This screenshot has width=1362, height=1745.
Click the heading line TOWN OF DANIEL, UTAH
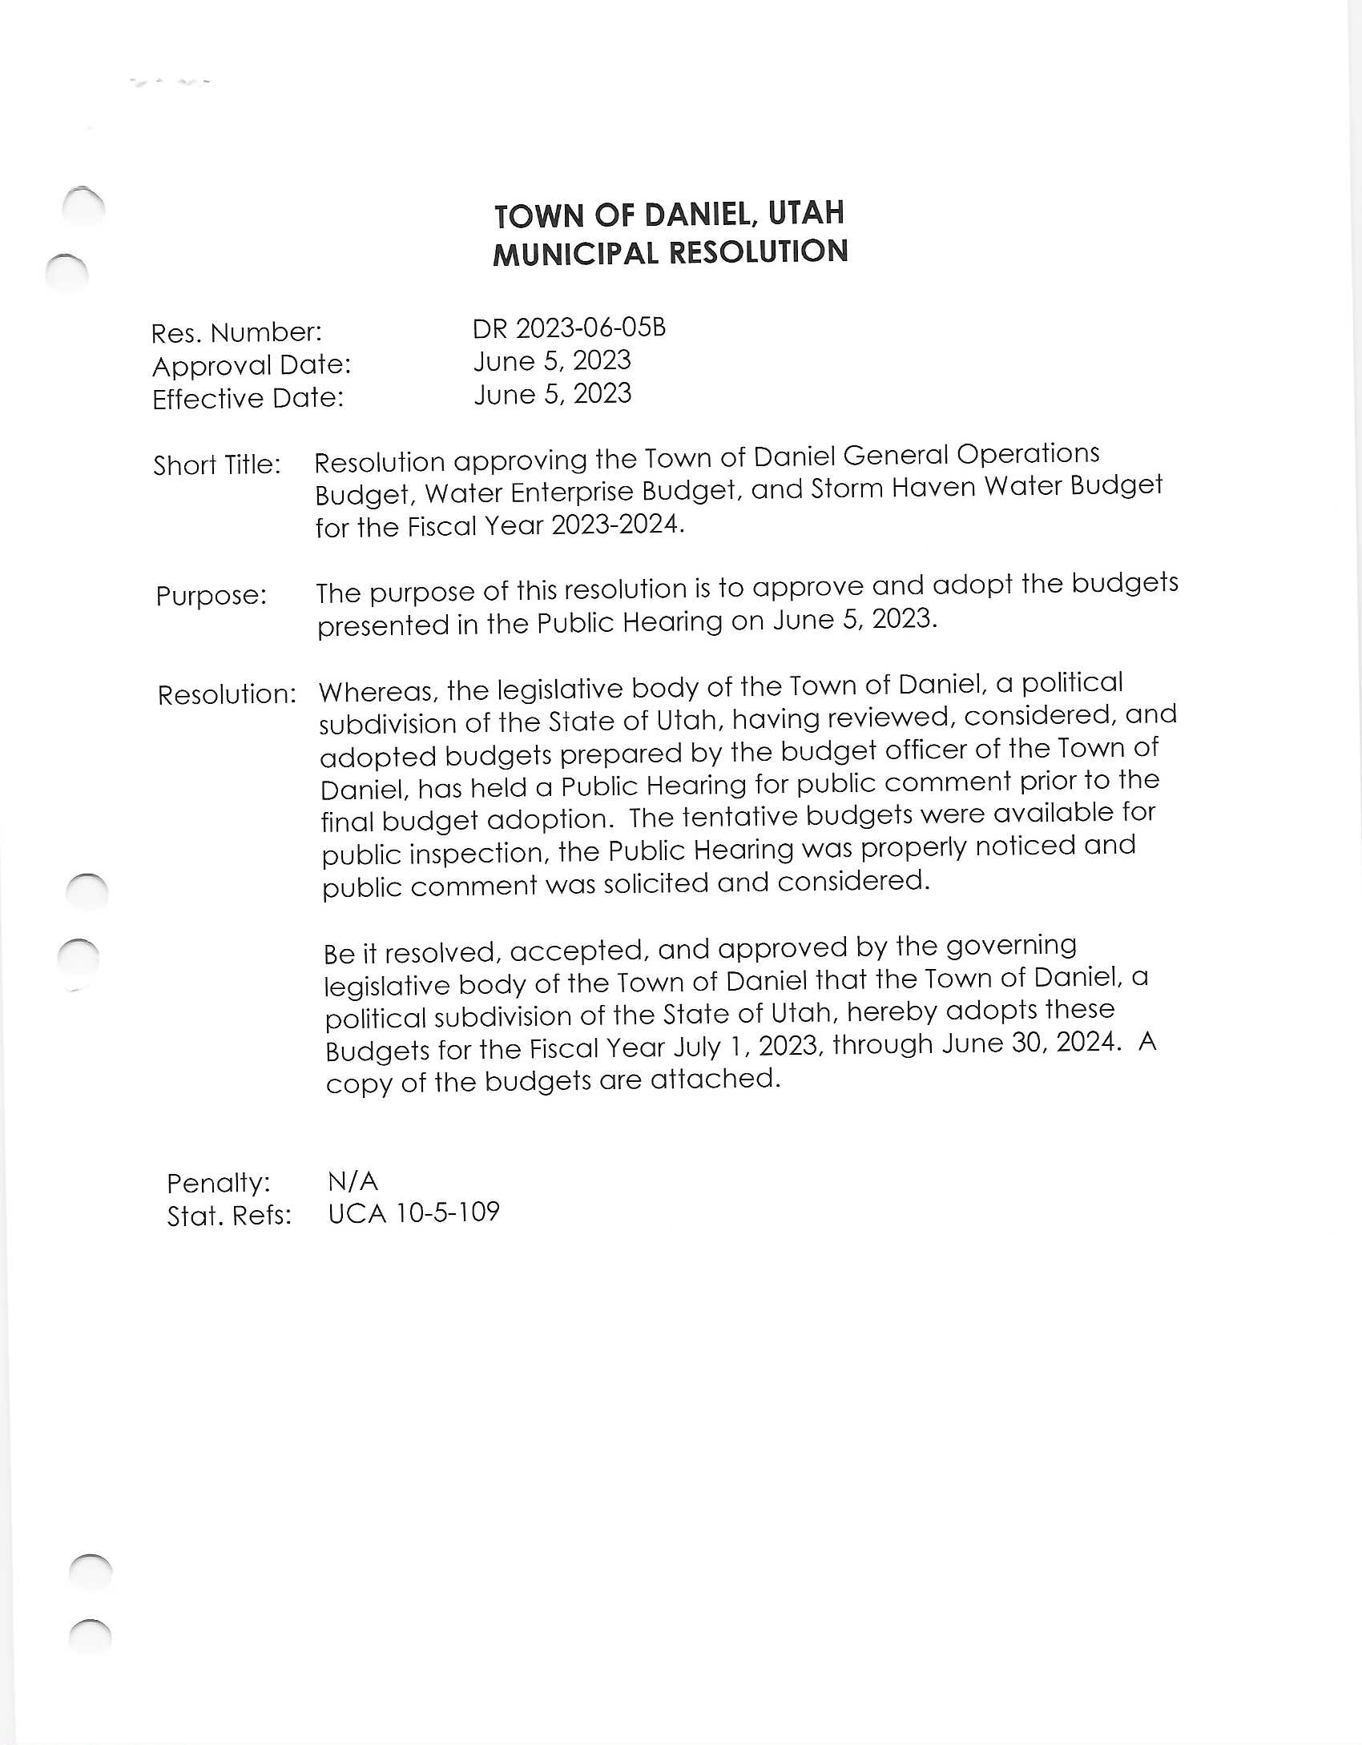[x=669, y=214]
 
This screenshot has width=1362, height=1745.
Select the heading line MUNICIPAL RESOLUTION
[x=670, y=253]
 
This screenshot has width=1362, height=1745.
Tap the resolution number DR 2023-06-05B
[x=569, y=328]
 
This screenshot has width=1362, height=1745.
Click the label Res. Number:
[x=236, y=332]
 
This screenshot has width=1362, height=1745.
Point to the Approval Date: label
[x=252, y=365]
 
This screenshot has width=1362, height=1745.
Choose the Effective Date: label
[x=248, y=398]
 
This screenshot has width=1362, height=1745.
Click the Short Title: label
[x=217, y=464]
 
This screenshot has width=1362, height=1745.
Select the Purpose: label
[x=212, y=595]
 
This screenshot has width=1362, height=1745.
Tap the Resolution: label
[x=227, y=694]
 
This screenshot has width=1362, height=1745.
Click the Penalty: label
[x=219, y=1182]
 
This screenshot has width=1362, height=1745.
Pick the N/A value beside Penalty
[x=353, y=1180]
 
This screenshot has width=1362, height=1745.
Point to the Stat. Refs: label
[x=229, y=1216]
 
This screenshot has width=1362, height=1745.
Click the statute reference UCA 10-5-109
[x=413, y=1212]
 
